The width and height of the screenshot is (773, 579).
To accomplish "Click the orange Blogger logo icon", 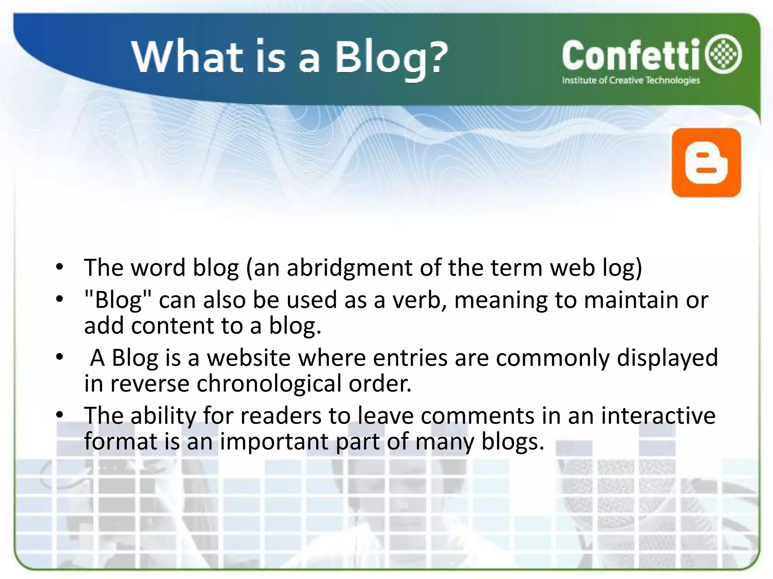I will (706, 162).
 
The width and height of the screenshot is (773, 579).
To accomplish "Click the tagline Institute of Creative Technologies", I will (631, 80).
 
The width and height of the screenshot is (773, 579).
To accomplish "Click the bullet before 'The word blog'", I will (59, 267).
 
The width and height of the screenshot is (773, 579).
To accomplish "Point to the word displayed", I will (667, 358).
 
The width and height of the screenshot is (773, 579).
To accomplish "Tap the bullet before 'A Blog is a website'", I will (59, 357).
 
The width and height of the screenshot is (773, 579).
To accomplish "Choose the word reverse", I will (150, 384).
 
